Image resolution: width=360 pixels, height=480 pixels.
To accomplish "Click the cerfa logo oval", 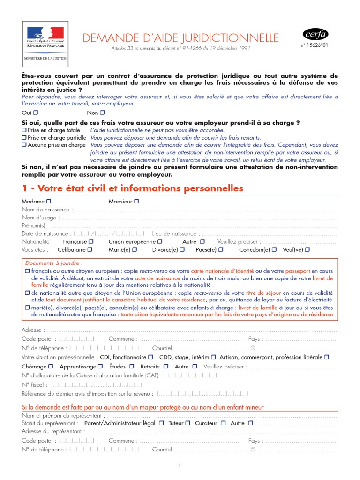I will [315, 34].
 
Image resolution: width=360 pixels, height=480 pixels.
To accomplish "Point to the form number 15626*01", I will [315, 45].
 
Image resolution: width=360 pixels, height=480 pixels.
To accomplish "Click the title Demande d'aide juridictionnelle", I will [180, 38].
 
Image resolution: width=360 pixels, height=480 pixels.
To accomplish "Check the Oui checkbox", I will [36, 112].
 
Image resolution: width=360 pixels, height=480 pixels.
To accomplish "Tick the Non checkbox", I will [103, 112].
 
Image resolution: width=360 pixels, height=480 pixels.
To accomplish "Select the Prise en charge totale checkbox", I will [24, 130].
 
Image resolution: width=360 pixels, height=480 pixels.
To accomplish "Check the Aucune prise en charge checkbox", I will [24, 145].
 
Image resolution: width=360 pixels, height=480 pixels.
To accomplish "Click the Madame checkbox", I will [49, 201].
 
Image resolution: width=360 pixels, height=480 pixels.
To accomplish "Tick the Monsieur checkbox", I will [136, 201].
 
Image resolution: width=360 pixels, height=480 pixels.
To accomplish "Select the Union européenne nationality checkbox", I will [160, 241].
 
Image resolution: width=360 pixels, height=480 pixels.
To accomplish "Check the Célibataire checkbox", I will [90, 249].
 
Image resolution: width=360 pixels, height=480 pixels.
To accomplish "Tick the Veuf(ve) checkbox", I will [307, 249].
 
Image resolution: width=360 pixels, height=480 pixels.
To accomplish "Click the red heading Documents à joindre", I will [54, 263].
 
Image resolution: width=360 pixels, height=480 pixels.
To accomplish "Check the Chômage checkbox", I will [51, 367].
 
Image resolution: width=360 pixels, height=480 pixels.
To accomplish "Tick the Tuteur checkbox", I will [187, 423].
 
